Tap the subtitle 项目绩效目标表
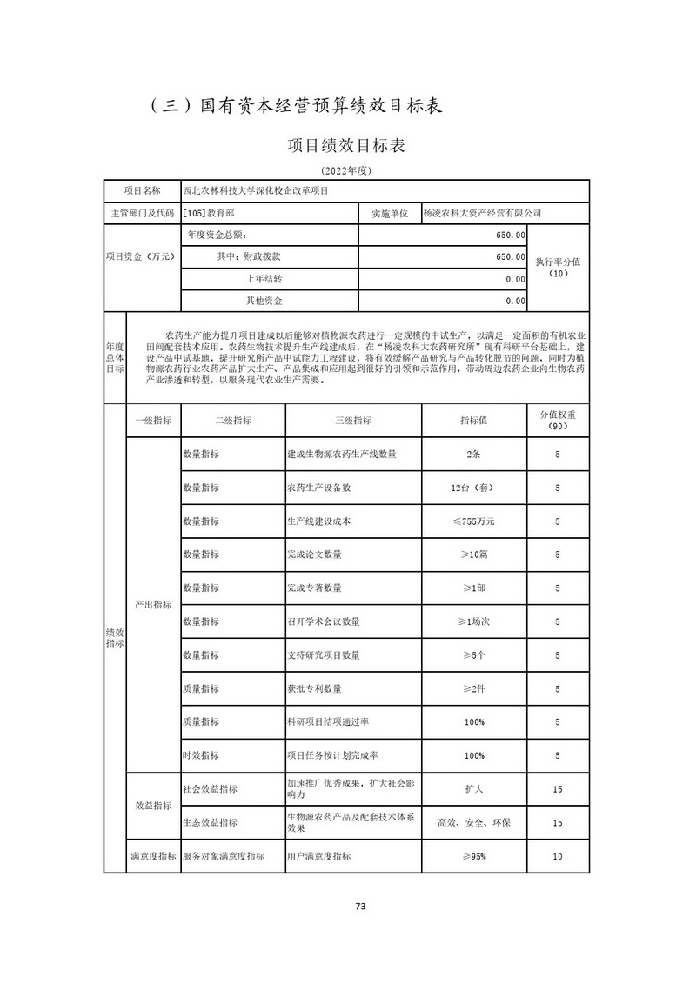coord(346,145)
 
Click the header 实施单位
coord(389,213)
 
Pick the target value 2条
coord(474,454)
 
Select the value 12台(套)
coord(474,488)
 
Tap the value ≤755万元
coord(474,521)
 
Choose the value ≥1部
coord(474,588)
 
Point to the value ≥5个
coord(474,654)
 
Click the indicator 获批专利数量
coord(314,688)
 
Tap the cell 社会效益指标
coord(210,789)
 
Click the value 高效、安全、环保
coord(474,822)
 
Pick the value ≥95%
coord(474,856)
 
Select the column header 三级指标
coord(352,421)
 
